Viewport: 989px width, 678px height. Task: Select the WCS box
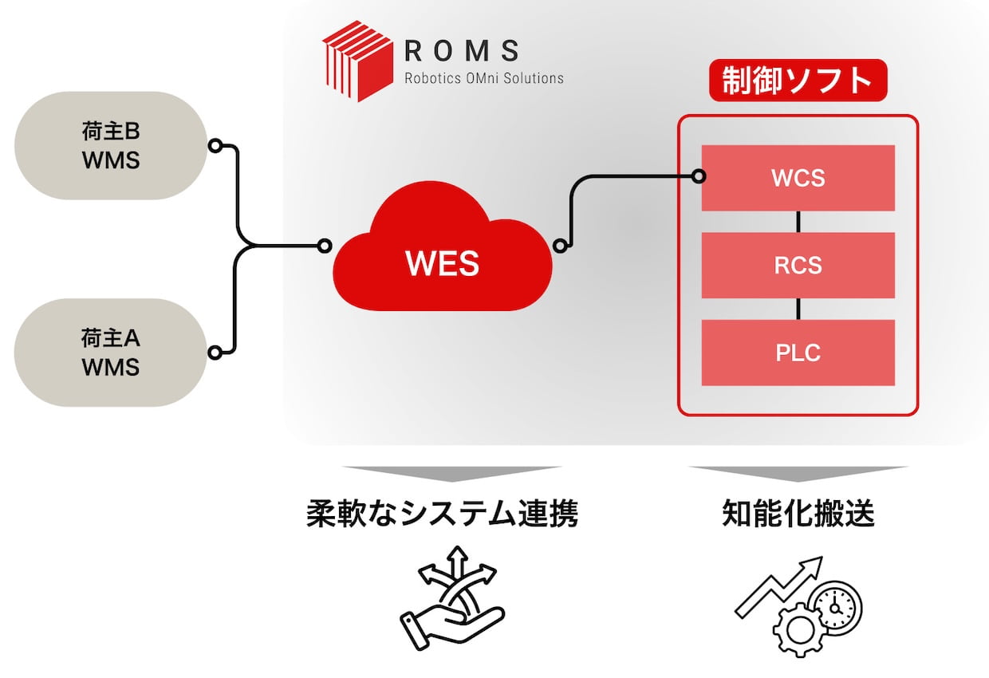coord(798,178)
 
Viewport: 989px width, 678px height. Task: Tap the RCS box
coord(798,266)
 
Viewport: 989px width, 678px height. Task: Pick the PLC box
coord(798,353)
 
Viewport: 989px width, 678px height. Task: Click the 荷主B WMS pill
coord(111,146)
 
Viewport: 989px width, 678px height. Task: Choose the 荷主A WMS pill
coord(111,353)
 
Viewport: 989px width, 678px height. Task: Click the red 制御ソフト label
coord(798,81)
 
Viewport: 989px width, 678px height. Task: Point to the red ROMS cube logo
coord(357,62)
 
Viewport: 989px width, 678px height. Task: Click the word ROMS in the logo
coord(462,51)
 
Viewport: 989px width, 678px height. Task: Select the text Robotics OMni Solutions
coord(483,78)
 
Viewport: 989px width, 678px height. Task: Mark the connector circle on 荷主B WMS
coord(214,146)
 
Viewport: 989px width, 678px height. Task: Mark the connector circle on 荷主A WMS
coord(214,352)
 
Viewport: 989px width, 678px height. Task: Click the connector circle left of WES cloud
coord(324,246)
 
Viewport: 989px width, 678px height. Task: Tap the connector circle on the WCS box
coord(699,175)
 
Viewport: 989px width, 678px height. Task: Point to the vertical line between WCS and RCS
coord(798,222)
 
